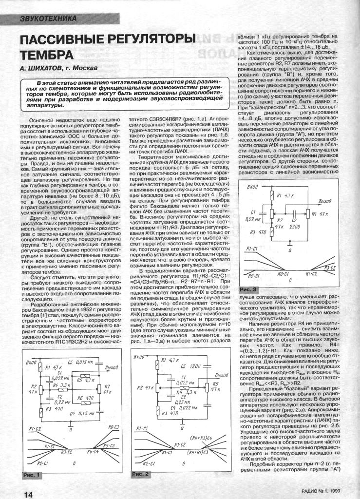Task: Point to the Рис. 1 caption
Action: coord(31,474)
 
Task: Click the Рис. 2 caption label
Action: coord(141,474)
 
